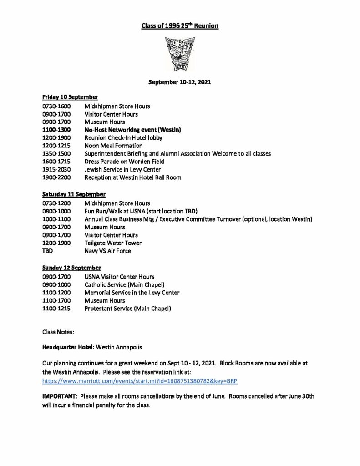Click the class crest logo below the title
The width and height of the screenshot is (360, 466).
(180, 54)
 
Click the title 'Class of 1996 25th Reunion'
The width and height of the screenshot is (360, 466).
(180, 26)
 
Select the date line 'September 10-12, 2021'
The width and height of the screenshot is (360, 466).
(180, 83)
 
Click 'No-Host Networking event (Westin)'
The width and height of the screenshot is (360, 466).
(133, 130)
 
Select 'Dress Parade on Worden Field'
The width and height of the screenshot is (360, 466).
(124, 162)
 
